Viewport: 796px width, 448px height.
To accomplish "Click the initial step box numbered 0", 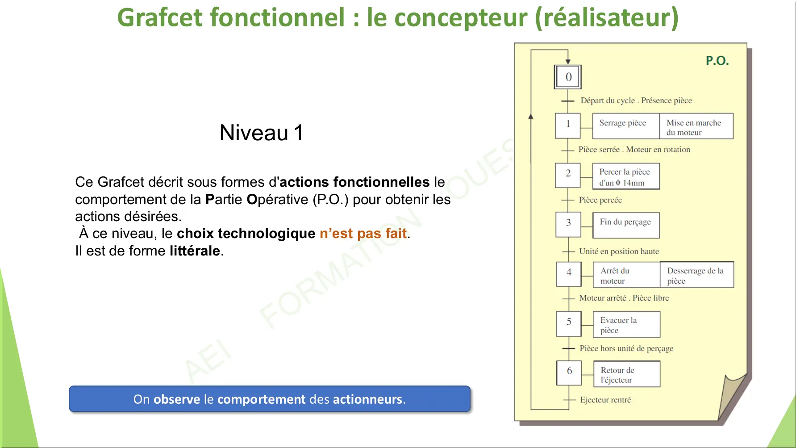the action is pyautogui.click(x=568, y=77).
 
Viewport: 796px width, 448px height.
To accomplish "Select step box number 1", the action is pyautogui.click(x=568, y=126).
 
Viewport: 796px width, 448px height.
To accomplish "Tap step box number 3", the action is pyautogui.click(x=568, y=224).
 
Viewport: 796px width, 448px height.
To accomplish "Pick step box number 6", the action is pyautogui.click(x=569, y=373).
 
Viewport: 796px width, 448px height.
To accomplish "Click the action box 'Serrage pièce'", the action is pyautogui.click(x=626, y=126).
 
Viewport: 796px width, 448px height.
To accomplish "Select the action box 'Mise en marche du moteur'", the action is pyautogui.click(x=696, y=126).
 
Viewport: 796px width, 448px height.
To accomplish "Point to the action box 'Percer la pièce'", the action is pyautogui.click(x=626, y=176).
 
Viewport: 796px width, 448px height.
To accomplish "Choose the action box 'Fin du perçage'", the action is pyautogui.click(x=626, y=225).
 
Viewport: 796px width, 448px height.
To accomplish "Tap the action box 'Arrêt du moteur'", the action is pyautogui.click(x=627, y=275).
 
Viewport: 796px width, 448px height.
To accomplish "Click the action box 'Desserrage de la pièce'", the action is pyautogui.click(x=697, y=275).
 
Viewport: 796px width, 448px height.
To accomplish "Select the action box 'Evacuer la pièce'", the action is pyautogui.click(x=627, y=324).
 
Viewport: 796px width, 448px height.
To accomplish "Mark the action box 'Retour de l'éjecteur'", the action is pyautogui.click(x=627, y=374).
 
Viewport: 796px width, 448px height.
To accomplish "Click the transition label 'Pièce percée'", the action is pyautogui.click(x=600, y=200).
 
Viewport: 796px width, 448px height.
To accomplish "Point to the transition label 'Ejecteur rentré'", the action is pyautogui.click(x=605, y=400).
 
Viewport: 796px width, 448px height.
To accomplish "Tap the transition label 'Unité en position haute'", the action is pyautogui.click(x=619, y=251).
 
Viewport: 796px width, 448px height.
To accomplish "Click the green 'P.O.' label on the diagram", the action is pyautogui.click(x=717, y=61).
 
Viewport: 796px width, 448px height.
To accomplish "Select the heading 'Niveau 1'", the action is pyautogui.click(x=262, y=133).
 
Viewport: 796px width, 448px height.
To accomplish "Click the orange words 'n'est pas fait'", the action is pyautogui.click(x=363, y=233).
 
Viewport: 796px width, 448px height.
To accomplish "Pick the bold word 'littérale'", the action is pyautogui.click(x=195, y=251).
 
